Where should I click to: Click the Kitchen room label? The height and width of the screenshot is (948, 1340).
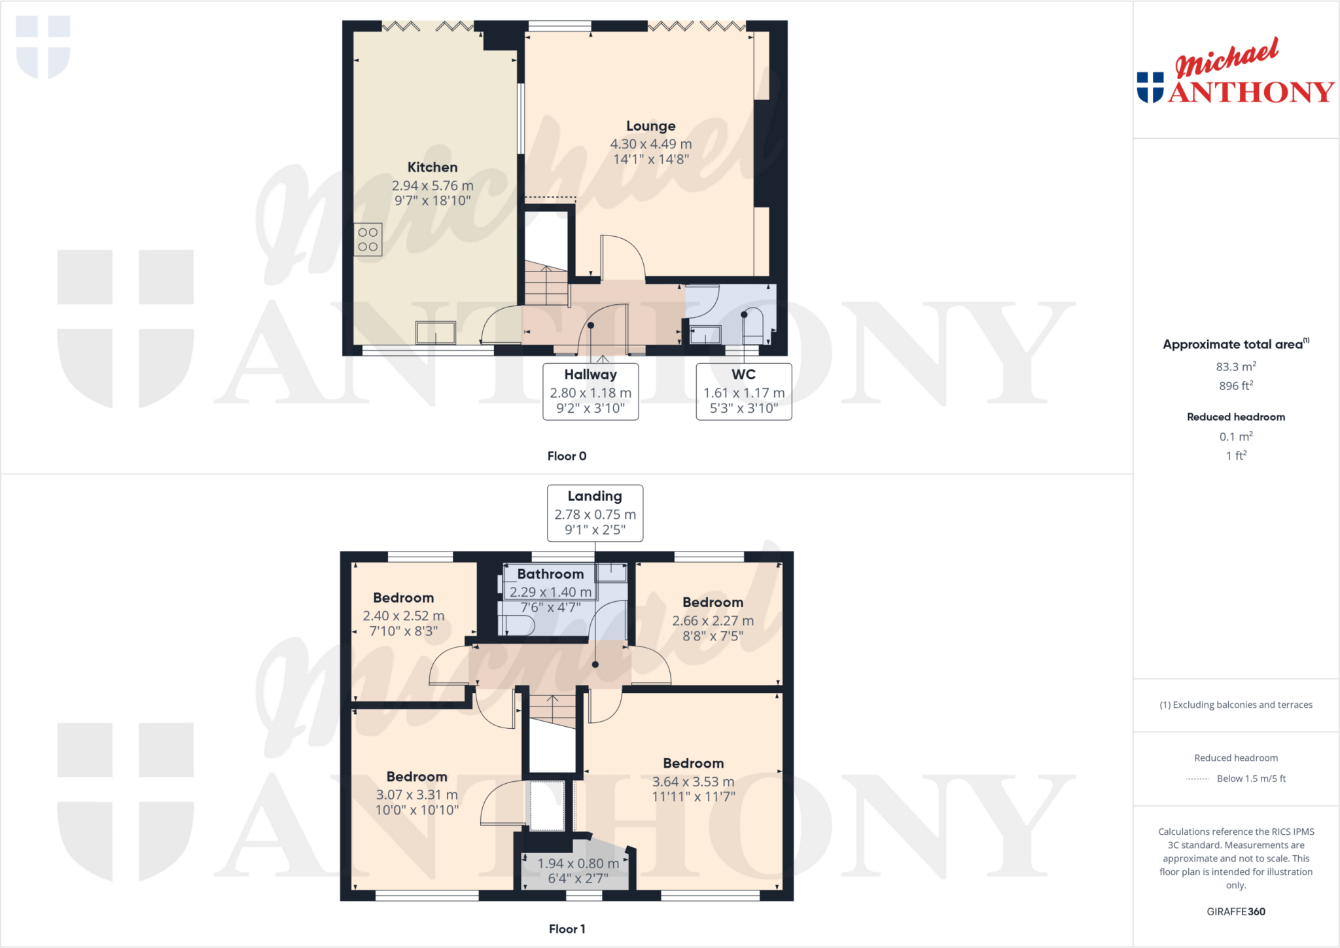coord(432,167)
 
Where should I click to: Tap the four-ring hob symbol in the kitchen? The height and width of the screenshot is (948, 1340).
coord(368,239)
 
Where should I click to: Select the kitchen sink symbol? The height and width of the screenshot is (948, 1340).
coord(436,332)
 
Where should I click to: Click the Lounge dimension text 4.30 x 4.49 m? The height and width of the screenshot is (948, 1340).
coord(650,144)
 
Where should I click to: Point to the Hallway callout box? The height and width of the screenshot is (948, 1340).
coord(590,391)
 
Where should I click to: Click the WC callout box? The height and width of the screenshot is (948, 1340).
coord(743,391)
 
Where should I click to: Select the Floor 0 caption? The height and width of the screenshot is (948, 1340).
coord(567,456)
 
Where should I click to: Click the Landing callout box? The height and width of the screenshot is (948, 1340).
coord(595,513)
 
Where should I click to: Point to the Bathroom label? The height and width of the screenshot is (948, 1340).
coord(550,574)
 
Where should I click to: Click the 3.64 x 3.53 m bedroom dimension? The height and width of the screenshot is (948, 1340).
coord(693,782)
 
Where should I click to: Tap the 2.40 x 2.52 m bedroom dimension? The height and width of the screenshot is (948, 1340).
coord(403,616)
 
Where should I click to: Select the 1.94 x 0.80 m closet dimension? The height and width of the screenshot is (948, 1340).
coord(578,864)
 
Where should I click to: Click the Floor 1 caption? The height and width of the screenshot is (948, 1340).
coord(567,929)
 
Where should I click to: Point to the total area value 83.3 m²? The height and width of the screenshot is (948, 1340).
coord(1235,367)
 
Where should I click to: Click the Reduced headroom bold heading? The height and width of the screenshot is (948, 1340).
coord(1235,417)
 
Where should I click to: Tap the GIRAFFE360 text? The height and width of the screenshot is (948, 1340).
coord(1235,911)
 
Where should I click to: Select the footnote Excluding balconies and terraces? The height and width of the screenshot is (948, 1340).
coord(1235,705)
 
